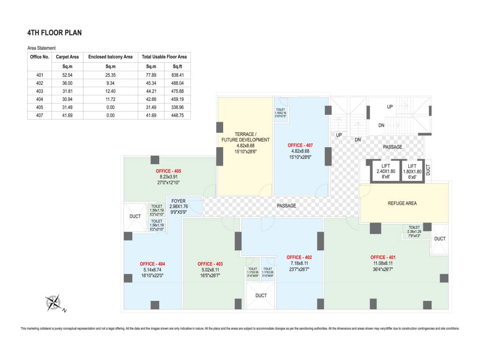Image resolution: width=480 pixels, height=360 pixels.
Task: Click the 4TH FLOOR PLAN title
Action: click(x=55, y=33)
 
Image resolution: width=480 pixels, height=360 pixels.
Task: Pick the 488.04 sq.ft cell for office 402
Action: click(x=177, y=83)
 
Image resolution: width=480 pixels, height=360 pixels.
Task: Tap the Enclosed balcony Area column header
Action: click(x=110, y=57)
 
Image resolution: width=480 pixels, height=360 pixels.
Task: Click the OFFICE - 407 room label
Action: click(x=300, y=145)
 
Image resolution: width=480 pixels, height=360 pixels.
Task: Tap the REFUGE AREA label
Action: click(x=402, y=203)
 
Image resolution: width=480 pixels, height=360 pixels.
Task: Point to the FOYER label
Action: click(x=178, y=201)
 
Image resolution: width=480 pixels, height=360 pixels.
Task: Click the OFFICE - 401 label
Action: click(x=383, y=257)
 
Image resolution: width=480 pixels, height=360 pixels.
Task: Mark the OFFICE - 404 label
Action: click(x=152, y=264)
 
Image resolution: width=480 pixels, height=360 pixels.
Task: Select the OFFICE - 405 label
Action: click(x=168, y=171)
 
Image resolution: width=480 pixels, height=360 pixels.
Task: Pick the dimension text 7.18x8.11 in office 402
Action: click(x=299, y=263)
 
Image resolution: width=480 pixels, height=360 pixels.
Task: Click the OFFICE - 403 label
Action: click(x=210, y=264)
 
